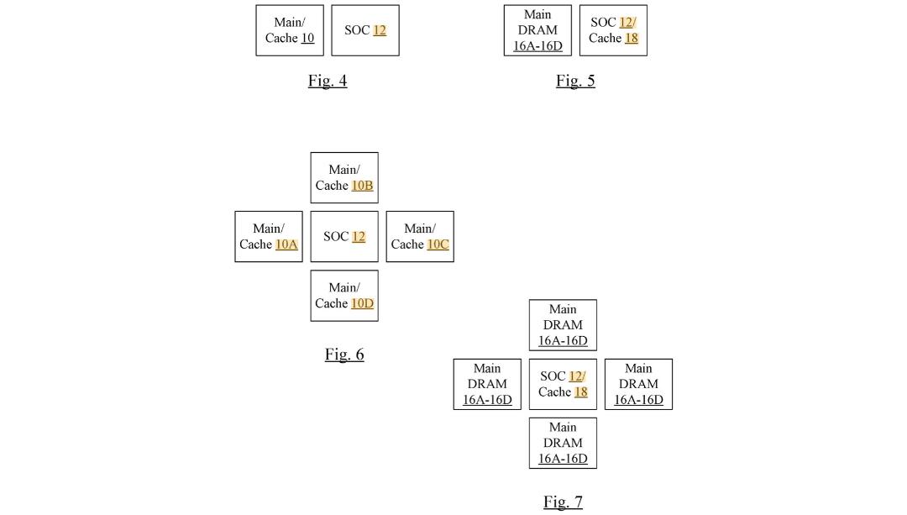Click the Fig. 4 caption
pos(328,81)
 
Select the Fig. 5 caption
pos(575,81)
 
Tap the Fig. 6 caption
pos(344,355)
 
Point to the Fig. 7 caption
pos(563,502)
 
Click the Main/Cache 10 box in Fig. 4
pos(290,31)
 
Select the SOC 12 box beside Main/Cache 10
pos(365,31)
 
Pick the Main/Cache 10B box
pos(344,177)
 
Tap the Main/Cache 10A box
pos(269,237)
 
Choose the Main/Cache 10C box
pos(420,237)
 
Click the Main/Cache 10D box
pos(344,296)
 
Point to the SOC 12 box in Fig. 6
pos(344,237)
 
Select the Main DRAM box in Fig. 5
pos(537,31)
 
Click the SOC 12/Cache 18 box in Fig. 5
pos(613,31)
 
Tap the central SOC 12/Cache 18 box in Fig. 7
pos(563,384)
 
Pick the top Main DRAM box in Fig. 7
pos(563,325)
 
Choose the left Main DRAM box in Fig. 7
pos(487,384)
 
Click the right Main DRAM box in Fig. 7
pos(638,384)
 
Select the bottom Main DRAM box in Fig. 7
pos(563,444)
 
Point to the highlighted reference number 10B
pos(362,186)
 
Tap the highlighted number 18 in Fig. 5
pos(631,38)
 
